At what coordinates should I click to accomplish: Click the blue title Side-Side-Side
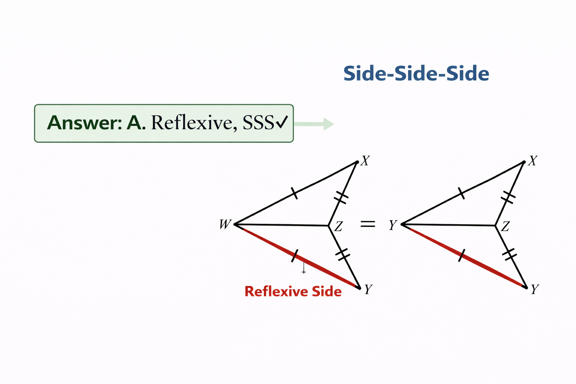click(416, 73)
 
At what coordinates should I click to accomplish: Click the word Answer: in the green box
click(85, 123)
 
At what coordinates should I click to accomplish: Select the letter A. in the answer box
click(136, 123)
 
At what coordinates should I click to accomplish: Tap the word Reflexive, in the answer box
click(194, 123)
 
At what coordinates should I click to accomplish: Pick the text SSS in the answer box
click(258, 123)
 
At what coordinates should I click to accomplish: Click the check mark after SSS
click(282, 122)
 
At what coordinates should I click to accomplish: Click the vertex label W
click(225, 224)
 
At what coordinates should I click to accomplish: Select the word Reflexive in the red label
click(275, 291)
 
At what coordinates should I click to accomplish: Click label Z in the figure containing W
click(338, 226)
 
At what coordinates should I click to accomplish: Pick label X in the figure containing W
click(365, 161)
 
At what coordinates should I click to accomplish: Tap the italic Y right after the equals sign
click(393, 225)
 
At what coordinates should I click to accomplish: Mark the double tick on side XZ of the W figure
click(341, 197)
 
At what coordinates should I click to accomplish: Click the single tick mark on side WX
click(295, 193)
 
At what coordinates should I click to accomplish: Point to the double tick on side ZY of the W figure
click(342, 254)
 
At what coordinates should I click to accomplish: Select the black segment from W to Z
click(281, 225)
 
